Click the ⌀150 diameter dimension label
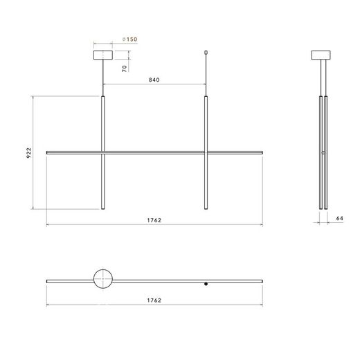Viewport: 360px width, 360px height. coord(129,39)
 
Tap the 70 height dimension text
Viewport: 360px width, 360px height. coord(125,69)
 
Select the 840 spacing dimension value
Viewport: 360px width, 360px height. coord(154,80)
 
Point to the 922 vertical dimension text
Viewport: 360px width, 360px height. coord(28,153)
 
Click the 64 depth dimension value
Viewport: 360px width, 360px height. coord(340,218)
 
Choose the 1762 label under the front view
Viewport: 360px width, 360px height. coord(154,220)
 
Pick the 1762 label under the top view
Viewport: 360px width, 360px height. coord(154,300)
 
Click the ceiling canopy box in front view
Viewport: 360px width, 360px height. coord(103,55)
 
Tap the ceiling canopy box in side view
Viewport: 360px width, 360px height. coord(321,55)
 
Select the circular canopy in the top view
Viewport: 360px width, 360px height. coord(103,269)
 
